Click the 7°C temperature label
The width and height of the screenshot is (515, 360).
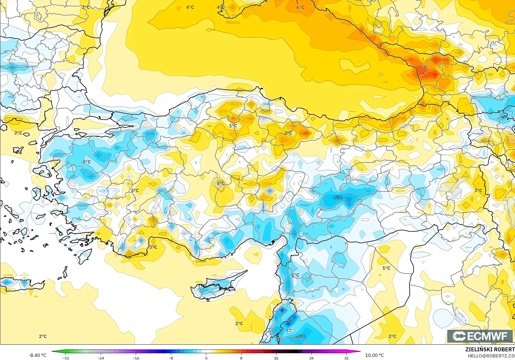click(x=423, y=67)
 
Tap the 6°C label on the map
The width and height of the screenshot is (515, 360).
click(x=300, y=7)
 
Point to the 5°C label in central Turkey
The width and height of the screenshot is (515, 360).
click(x=221, y=183)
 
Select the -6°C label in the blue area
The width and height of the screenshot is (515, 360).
click(x=337, y=197)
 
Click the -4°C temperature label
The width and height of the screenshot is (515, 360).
click(x=301, y=336)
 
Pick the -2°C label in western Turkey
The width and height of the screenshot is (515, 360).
click(x=86, y=162)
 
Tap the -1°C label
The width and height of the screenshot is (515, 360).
click(x=294, y=275)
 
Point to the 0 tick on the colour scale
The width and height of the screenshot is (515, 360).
click(x=206, y=358)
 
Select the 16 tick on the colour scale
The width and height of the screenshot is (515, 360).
click(x=276, y=358)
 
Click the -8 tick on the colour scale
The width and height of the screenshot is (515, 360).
click(x=171, y=358)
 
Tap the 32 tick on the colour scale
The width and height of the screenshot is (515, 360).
click(x=346, y=358)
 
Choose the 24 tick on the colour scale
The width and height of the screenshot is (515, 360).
click(x=311, y=358)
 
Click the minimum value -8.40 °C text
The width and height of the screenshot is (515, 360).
click(x=37, y=355)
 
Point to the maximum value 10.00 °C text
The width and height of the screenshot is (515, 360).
click(x=374, y=355)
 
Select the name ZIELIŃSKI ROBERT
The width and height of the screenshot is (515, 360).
click(x=490, y=349)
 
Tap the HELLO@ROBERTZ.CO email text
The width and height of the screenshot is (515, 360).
click(x=491, y=356)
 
